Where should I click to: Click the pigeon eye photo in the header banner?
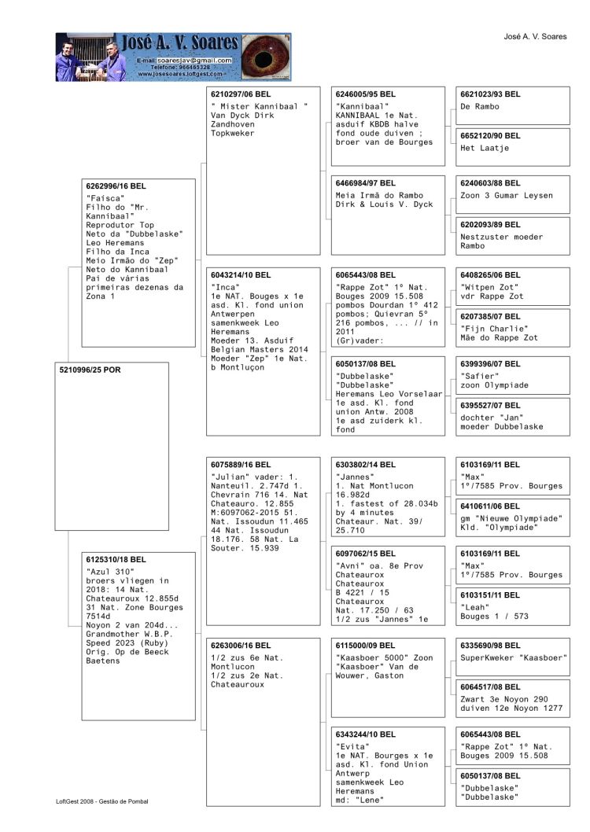click(x=264, y=57)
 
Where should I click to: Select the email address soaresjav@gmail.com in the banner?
click(x=194, y=61)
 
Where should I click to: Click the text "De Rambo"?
click(x=480, y=106)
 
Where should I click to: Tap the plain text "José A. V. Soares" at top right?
click(x=535, y=36)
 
